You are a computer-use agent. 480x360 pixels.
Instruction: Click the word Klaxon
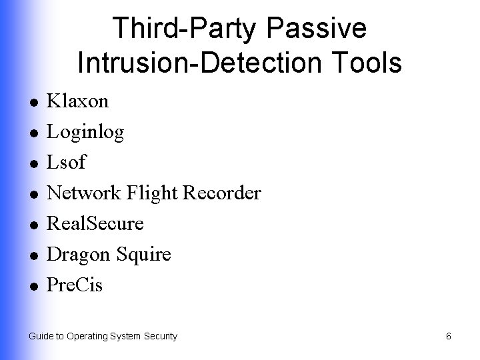coord(77,101)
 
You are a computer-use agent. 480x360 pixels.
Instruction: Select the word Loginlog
coord(85,133)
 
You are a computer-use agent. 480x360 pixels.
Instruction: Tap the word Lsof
coord(67,163)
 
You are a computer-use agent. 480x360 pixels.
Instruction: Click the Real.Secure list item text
coord(95,224)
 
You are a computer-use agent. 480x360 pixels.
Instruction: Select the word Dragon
coord(79,255)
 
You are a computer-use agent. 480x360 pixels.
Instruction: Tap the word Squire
coord(143,255)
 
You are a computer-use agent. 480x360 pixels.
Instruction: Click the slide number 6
coord(449,337)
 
